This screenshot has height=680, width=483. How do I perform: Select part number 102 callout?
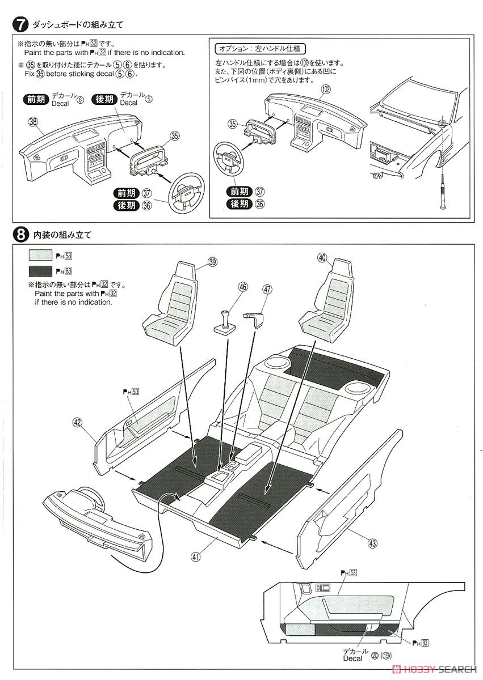(x=325, y=89)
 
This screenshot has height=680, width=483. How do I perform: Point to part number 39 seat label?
(x=212, y=261)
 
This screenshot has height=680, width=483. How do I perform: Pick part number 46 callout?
(x=243, y=288)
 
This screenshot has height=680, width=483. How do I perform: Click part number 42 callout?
(x=78, y=422)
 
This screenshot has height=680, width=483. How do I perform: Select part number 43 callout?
(x=372, y=544)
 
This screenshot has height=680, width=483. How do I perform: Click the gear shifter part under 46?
(x=225, y=322)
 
